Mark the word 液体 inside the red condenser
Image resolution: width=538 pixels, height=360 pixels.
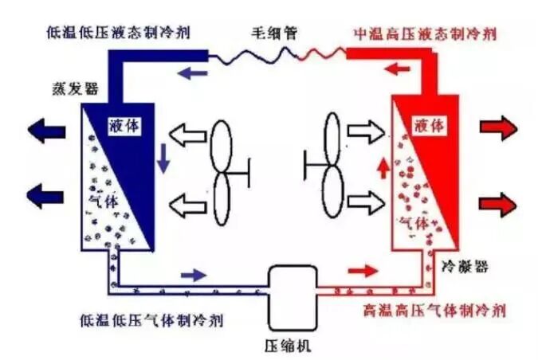click(x=430, y=125)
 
